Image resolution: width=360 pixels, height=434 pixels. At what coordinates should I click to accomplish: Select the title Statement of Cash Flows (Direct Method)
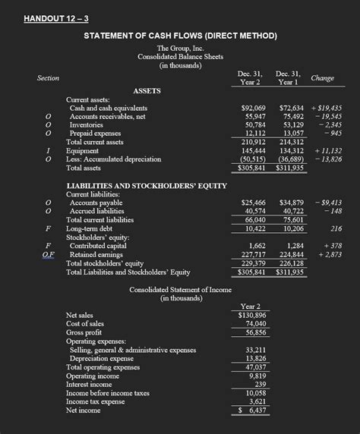pos(180,36)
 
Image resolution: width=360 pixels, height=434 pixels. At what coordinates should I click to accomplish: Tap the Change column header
pos(322,78)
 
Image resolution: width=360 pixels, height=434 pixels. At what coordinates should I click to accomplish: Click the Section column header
pos(49,78)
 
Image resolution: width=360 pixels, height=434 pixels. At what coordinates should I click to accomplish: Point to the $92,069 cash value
pos(253,108)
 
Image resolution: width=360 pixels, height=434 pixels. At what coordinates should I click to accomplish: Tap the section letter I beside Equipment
pos(49,150)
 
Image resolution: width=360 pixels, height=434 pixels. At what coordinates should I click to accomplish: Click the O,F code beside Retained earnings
pos(49,254)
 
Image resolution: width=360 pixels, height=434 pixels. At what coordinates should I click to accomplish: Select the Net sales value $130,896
pos(251,315)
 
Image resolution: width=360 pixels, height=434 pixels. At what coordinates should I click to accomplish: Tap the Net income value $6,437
pos(251,410)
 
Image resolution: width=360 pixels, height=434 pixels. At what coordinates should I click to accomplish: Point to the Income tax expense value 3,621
pos(257,401)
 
